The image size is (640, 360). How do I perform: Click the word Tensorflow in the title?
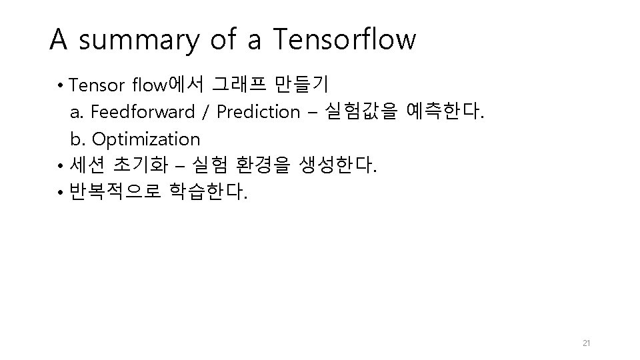[x=345, y=39]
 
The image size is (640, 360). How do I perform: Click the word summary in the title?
[x=139, y=41]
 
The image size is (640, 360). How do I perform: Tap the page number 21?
[x=587, y=343]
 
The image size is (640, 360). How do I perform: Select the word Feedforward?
[x=143, y=111]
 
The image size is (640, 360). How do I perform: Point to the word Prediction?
[x=258, y=111]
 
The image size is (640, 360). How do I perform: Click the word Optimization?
[x=146, y=139]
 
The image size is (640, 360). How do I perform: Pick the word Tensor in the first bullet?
[x=96, y=85]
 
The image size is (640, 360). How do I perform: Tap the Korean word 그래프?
[x=239, y=84]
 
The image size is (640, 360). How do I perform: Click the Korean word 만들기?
[x=301, y=84]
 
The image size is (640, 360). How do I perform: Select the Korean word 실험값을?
[x=361, y=111]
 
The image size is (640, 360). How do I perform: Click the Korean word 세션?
[x=87, y=165]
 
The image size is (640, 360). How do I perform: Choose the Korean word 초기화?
[x=141, y=165]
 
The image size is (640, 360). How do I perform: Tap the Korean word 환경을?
[x=263, y=165]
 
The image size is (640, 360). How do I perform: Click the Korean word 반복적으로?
[x=115, y=191]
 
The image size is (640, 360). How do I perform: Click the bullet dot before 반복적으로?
[x=61, y=192]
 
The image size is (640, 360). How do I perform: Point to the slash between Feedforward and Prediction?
[x=205, y=112]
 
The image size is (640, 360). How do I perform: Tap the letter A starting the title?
[x=59, y=39]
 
